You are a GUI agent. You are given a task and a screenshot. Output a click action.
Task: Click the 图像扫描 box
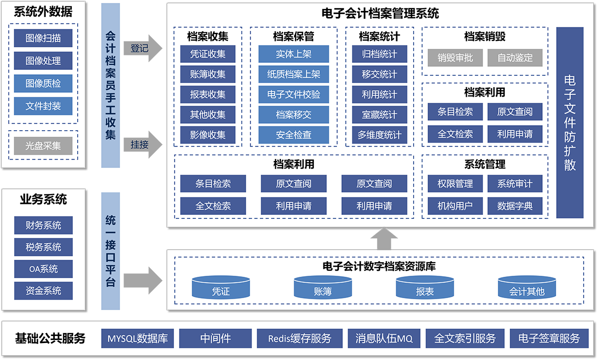tap(43, 38)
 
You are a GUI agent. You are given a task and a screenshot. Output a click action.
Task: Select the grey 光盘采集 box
tap(43, 146)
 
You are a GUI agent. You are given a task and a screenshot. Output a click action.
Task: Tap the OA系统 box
tap(43, 269)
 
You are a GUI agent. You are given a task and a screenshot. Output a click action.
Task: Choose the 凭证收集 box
tap(208, 54)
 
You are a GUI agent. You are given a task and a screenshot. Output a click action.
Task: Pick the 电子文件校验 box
tap(294, 94)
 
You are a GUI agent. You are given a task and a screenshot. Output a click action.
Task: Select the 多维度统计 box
tap(379, 135)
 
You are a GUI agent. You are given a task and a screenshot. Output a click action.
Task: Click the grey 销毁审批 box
tap(455, 58)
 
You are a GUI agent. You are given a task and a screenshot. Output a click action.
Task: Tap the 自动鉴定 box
tap(515, 58)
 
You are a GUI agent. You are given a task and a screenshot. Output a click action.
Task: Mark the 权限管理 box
tap(455, 183)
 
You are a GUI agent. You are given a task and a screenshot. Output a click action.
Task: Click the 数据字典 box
tap(515, 205)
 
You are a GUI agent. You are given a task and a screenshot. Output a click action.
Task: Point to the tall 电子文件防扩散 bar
tap(570, 123)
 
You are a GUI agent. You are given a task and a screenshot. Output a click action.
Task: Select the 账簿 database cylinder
tap(322, 288)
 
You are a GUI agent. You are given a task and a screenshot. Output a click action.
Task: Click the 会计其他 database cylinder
tap(527, 288)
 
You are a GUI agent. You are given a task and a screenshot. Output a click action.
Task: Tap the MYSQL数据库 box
tap(138, 339)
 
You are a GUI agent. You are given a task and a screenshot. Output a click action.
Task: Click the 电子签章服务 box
tap(549, 339)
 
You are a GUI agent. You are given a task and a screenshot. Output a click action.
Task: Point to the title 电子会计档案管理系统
tap(381, 13)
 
